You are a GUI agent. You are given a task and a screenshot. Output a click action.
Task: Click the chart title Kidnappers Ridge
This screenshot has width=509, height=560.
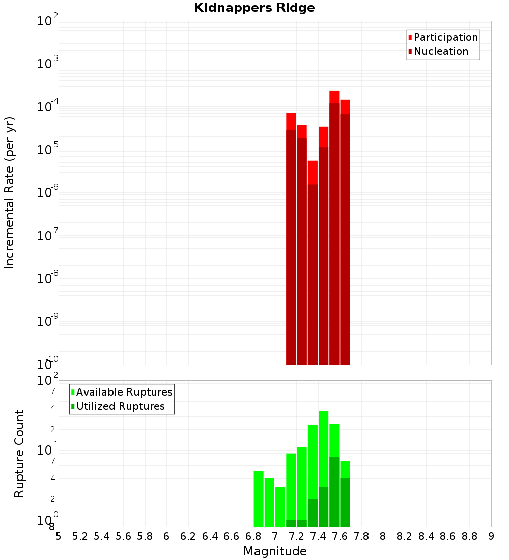point(254,8)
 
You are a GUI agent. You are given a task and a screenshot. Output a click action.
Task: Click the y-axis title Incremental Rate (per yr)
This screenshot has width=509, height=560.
point(9,192)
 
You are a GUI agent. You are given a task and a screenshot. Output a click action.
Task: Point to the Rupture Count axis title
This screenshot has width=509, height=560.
point(19,454)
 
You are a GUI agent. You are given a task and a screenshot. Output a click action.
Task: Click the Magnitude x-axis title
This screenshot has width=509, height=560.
point(275,551)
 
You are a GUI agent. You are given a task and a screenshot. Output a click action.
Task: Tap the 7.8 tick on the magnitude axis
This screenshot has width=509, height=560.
point(361,536)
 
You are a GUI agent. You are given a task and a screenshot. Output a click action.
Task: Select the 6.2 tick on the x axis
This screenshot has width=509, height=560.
point(188,536)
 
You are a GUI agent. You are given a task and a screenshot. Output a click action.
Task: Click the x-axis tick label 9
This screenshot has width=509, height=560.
point(491,536)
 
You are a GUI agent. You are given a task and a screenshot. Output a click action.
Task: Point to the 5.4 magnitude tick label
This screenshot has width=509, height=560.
point(102,536)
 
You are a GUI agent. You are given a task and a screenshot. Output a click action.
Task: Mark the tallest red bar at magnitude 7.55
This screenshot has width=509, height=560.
point(334,229)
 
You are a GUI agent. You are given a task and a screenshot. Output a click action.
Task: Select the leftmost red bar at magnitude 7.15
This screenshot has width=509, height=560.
point(291,239)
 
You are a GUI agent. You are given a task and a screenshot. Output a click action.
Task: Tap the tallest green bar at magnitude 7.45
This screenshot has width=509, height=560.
point(323,468)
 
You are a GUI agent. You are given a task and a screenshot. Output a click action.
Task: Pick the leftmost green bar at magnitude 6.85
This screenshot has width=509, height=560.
point(259,499)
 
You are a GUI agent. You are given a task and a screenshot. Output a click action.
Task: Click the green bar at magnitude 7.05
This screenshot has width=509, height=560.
point(280,507)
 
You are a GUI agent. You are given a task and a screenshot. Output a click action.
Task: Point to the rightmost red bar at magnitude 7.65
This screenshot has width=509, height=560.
point(345,234)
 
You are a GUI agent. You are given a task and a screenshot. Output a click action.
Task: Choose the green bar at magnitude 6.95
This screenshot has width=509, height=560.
point(269,502)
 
